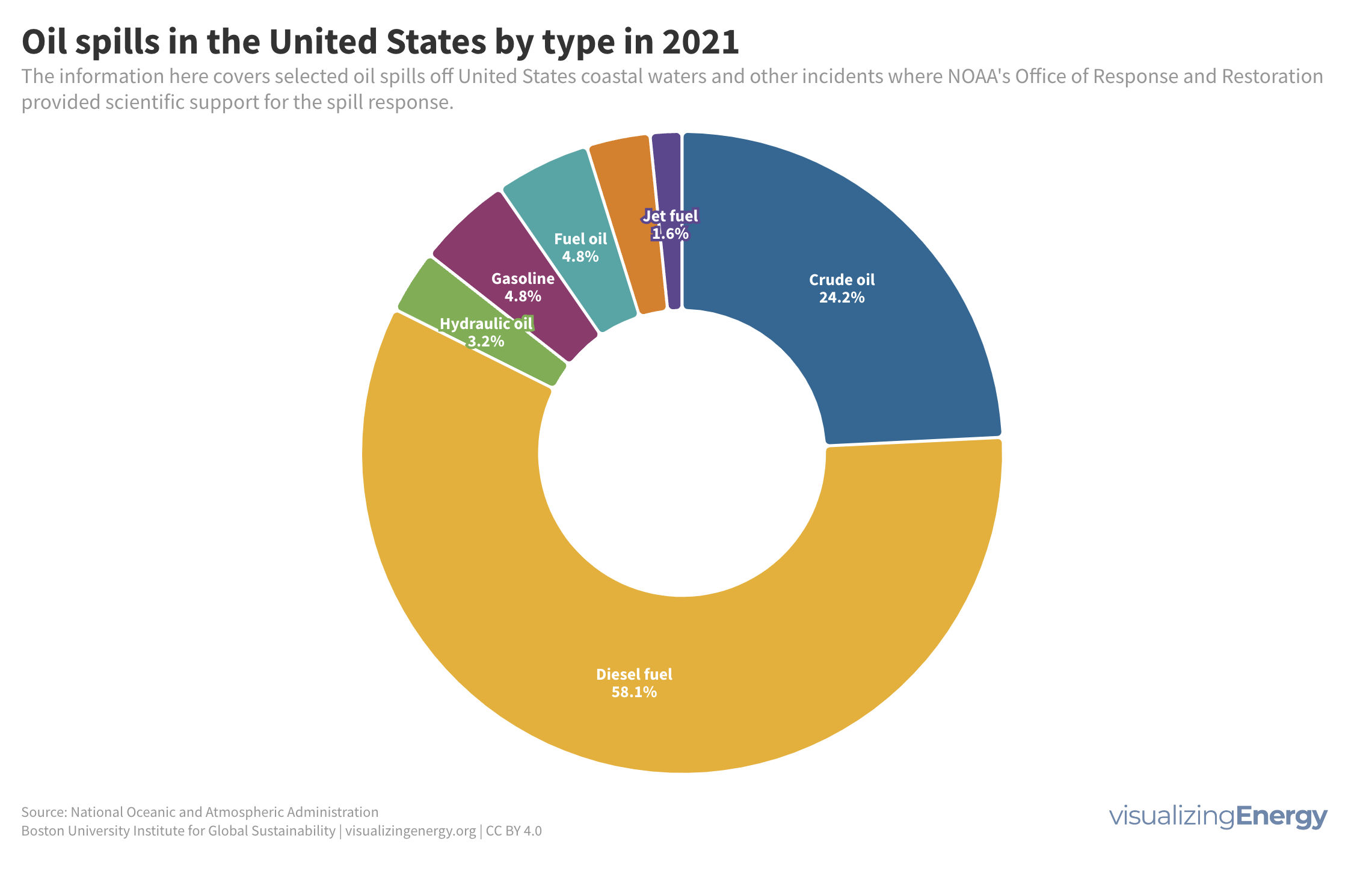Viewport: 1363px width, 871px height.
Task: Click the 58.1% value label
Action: [x=634, y=692]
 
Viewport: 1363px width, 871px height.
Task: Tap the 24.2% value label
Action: [x=841, y=298]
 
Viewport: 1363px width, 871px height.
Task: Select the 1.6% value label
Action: [x=670, y=233]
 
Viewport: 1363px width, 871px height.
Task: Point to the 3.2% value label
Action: [x=486, y=342]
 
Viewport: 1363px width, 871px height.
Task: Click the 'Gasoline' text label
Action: [x=523, y=279]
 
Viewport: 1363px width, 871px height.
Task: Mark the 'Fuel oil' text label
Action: [x=580, y=239]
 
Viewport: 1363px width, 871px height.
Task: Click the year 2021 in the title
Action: [x=700, y=43]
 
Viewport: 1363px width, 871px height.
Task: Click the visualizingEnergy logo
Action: [x=1217, y=816]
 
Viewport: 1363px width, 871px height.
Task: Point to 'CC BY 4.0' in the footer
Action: [x=514, y=831]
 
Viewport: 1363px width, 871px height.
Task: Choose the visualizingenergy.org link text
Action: [x=410, y=831]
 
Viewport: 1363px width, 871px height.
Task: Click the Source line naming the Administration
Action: [x=200, y=812]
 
